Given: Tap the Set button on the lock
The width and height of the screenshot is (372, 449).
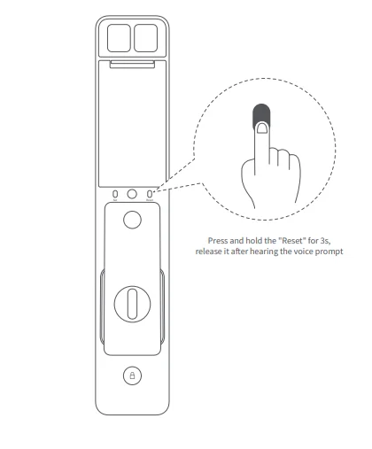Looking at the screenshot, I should click(115, 193).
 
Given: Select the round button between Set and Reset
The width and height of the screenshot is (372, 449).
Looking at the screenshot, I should click(131, 193).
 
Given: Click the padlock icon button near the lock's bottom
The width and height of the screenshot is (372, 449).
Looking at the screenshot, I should click(131, 375).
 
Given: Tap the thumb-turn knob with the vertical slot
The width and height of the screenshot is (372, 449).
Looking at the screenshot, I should click(131, 302).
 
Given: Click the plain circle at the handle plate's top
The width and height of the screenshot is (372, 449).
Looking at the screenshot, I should click(131, 221).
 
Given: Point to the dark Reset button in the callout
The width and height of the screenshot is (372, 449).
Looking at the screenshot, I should click(260, 115).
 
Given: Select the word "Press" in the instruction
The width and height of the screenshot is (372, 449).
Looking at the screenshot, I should click(217, 239).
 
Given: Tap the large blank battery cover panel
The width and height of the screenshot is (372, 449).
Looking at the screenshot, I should click(131, 124).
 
